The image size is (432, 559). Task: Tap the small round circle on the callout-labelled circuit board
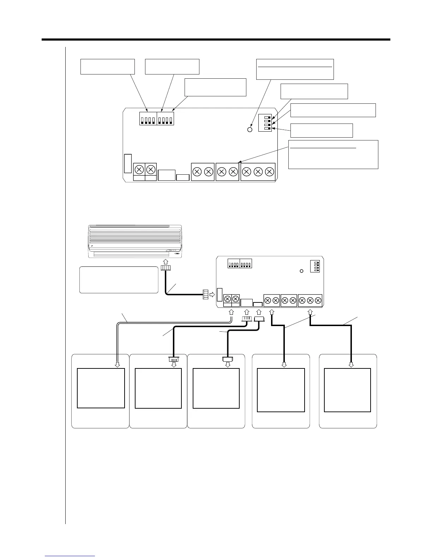point(250,130)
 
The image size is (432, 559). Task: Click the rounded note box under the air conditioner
point(119,280)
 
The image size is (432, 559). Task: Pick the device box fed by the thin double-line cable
point(101,388)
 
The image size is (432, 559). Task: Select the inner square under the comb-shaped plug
point(158,388)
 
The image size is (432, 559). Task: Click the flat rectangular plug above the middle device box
point(228,359)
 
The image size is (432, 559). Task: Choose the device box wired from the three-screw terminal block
point(347,390)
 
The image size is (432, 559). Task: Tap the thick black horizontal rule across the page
point(216,40)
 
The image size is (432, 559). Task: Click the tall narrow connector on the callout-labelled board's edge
point(128,163)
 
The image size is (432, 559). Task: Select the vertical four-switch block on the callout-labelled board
point(265,123)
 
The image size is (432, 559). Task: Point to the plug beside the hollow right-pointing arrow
point(205,294)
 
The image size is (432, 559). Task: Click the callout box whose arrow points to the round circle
point(295,70)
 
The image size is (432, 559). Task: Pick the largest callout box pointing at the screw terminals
point(333,155)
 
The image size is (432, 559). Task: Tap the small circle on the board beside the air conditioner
point(301,271)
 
